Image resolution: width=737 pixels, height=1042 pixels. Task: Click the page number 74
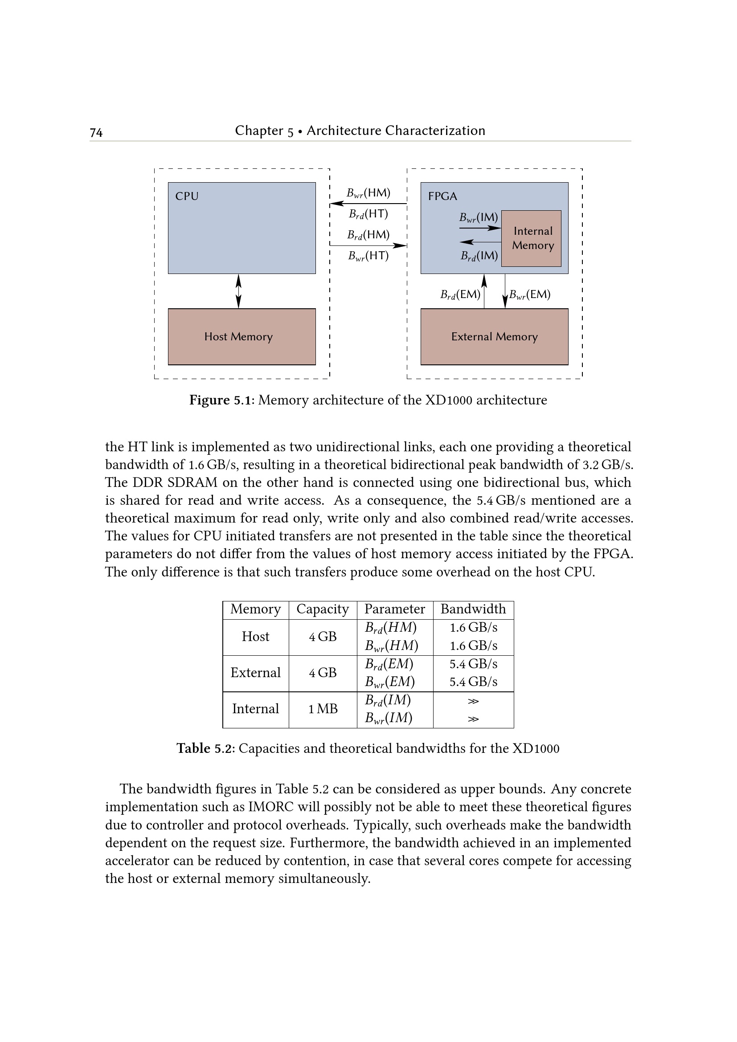[x=96, y=132]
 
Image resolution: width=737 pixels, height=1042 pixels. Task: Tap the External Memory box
[x=494, y=336]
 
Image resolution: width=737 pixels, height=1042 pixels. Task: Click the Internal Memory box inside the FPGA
[x=532, y=238]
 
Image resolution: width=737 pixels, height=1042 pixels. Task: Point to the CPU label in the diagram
[x=187, y=196]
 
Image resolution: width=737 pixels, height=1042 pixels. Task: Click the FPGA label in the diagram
[x=442, y=196]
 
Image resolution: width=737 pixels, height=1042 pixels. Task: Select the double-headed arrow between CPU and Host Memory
[x=239, y=291]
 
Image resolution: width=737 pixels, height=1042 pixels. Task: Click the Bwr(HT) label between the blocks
[x=368, y=256]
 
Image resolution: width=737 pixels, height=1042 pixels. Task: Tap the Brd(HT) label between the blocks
[x=368, y=214]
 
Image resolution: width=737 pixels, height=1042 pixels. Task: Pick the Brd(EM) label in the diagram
[x=460, y=295]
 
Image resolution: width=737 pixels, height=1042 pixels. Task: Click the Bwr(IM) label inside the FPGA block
[x=478, y=217]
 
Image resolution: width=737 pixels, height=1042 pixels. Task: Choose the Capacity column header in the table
[x=323, y=609]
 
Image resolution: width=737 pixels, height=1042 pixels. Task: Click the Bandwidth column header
[x=473, y=609]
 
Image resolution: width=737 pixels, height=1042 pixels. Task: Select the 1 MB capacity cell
[x=323, y=709]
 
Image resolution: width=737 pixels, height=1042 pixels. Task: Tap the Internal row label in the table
[x=255, y=709]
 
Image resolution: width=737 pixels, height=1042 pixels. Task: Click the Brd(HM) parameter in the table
[x=391, y=628]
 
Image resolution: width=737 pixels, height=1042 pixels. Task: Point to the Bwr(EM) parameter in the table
[x=390, y=682]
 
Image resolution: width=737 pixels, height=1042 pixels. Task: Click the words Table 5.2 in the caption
[x=205, y=748]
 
